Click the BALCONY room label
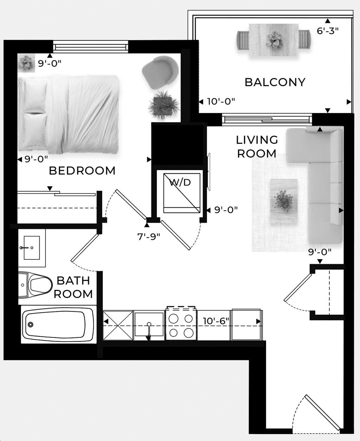(275, 82)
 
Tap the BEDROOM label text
(82, 171)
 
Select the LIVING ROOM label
(257, 146)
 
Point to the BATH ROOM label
(73, 287)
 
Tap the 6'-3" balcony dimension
(328, 31)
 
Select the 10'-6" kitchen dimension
(216, 321)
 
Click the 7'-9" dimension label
(149, 236)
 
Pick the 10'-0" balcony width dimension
(221, 102)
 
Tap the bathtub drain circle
(31, 325)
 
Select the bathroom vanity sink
(32, 247)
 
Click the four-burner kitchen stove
(181, 325)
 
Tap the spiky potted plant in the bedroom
(163, 104)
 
